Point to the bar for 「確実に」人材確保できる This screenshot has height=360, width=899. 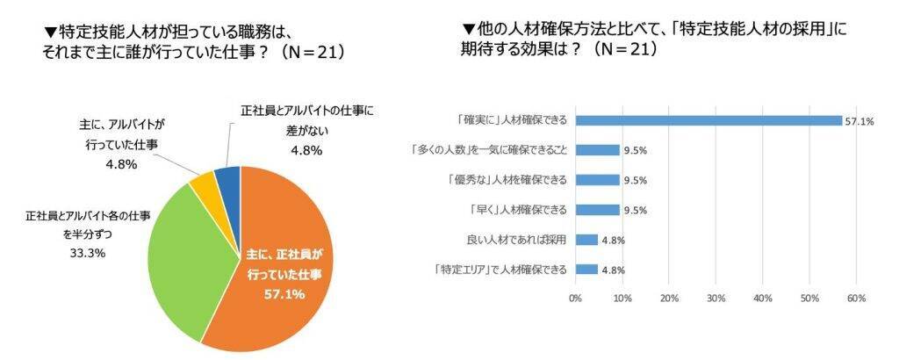tap(708, 120)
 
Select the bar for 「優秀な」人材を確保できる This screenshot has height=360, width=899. tap(597, 180)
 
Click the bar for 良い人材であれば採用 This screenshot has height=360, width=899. tap(586, 239)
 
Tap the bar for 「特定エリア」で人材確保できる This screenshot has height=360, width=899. tap(586, 269)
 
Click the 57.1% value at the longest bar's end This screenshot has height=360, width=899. tap(859, 121)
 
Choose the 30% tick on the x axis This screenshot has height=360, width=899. tap(716, 299)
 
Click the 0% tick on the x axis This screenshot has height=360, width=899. tap(576, 299)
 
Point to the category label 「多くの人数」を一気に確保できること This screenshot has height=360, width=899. tap(490, 150)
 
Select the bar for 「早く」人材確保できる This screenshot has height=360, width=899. tap(597, 210)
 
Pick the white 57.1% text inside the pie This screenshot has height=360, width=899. tap(284, 294)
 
